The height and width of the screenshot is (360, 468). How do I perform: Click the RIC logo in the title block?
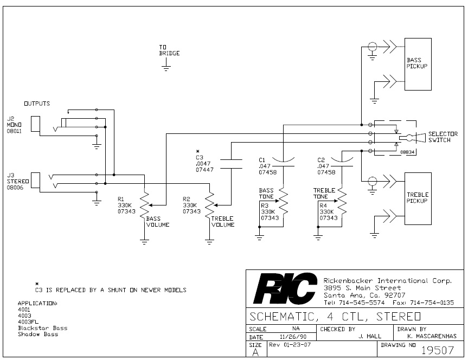coord(285,288)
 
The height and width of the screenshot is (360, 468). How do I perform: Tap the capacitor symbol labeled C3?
coord(232,164)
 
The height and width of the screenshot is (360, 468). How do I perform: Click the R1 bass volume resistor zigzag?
coord(144,206)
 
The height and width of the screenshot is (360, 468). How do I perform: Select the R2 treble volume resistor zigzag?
coord(209,206)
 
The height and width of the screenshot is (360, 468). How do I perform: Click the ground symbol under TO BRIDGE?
coord(166,68)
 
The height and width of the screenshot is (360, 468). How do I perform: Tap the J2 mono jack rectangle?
coord(35,124)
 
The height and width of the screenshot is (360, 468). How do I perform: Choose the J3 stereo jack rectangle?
coord(35,181)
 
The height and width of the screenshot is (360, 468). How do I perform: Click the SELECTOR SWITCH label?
coord(443,137)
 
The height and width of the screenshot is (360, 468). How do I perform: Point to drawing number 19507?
coord(437,350)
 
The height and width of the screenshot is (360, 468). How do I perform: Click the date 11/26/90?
coord(293,337)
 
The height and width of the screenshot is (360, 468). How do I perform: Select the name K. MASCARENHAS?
coord(432,337)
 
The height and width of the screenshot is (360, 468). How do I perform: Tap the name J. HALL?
coord(370,337)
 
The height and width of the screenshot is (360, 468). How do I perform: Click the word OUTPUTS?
coord(37,104)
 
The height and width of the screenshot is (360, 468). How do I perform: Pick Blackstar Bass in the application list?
coord(43,328)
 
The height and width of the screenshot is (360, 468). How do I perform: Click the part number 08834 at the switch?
coord(407,152)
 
